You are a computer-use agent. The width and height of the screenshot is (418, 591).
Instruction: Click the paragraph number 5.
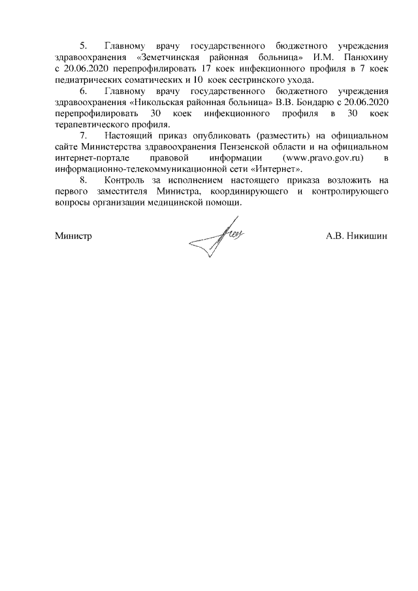point(83,46)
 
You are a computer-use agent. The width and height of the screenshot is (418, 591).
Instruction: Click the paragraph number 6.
point(83,91)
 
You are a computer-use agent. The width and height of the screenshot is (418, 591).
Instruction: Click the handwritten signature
point(219,239)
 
